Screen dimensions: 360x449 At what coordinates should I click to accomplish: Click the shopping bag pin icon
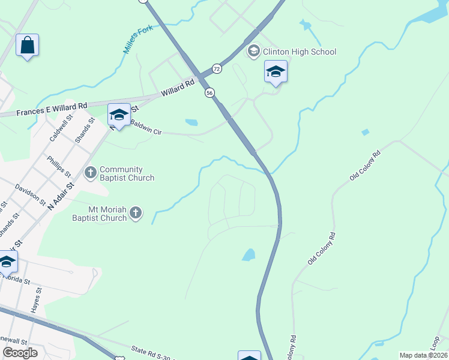[27, 46]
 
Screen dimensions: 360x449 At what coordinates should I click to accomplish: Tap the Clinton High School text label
[299, 52]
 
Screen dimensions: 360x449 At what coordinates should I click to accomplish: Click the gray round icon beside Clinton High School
[253, 52]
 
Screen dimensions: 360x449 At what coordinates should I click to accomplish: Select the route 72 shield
[217, 69]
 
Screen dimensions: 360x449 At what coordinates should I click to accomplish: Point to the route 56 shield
[209, 92]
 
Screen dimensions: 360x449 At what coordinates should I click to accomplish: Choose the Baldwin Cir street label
[147, 127]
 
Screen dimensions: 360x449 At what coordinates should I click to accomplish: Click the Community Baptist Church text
[127, 174]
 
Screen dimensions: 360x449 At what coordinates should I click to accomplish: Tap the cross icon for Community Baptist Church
[91, 173]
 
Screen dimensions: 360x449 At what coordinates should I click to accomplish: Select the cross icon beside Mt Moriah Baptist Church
[136, 212]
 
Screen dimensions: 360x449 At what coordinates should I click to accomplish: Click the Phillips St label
[58, 167]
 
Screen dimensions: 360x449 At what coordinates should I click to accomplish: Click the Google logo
[20, 353]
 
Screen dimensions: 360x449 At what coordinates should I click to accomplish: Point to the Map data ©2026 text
[423, 355]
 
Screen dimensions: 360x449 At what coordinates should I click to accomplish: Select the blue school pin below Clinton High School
[276, 73]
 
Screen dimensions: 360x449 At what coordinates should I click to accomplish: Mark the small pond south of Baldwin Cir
[191, 122]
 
